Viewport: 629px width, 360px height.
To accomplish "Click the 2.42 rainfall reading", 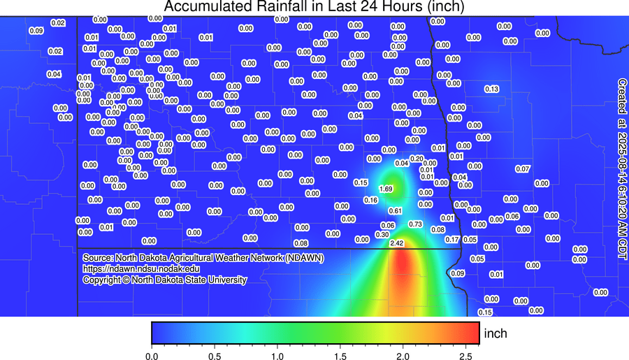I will click(397, 243).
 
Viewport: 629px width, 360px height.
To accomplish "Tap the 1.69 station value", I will click(385, 189).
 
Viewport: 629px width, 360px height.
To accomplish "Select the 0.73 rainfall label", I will click(416, 224).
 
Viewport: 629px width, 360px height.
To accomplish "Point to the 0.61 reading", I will click(395, 210).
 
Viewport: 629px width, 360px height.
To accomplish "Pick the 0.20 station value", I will click(417, 159).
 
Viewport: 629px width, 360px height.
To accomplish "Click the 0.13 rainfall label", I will click(491, 89).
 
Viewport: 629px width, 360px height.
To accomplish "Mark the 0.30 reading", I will click(382, 234).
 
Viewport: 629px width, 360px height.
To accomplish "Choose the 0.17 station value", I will click(451, 240).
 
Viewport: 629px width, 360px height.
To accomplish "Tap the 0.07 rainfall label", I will click(522, 169).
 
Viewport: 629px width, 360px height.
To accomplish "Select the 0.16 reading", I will click(370, 201).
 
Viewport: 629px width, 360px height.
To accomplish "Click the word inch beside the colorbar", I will click(496, 333).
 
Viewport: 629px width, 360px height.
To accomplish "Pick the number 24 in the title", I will click(363, 7).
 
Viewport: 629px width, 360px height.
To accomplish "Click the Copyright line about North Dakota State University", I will click(164, 280).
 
